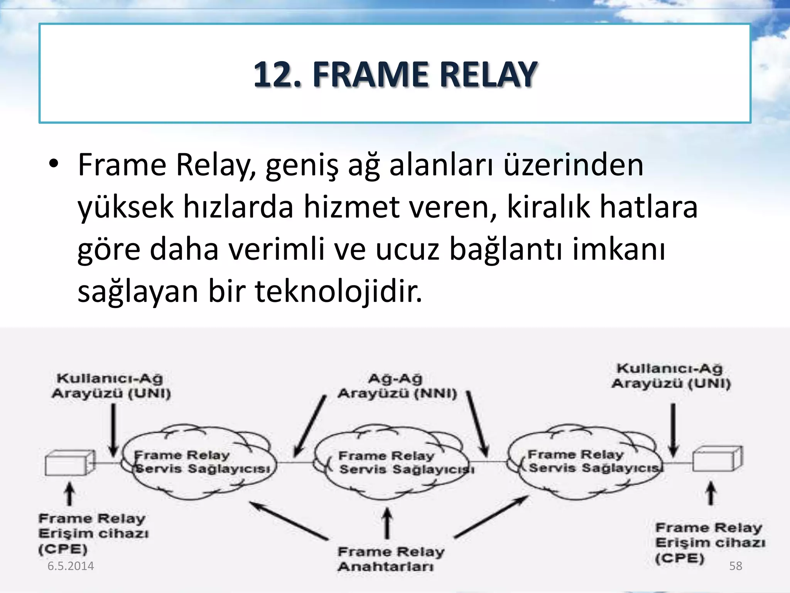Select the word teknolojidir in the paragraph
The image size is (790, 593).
(338, 291)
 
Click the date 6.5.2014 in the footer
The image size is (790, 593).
(71, 566)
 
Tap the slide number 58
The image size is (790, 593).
(735, 566)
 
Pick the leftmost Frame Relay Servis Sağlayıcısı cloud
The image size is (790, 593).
(199, 462)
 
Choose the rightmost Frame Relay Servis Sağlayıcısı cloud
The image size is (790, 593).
(584, 461)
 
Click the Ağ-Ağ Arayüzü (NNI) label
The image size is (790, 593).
(397, 386)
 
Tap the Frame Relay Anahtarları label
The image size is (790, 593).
(390, 559)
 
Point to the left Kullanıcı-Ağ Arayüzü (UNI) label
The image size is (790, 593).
(111, 386)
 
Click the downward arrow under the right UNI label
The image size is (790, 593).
(673, 430)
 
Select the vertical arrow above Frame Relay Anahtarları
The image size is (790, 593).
(387, 523)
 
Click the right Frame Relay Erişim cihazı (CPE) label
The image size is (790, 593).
(710, 542)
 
